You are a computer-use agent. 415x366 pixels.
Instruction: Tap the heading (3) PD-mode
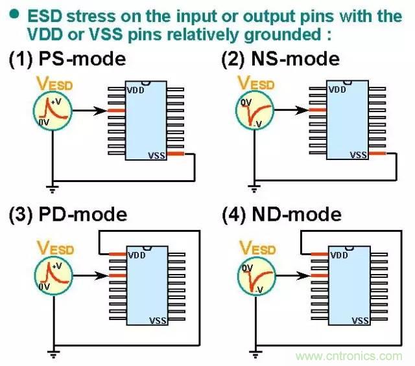[x=67, y=214]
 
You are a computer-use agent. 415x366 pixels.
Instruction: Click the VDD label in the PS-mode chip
[x=136, y=89]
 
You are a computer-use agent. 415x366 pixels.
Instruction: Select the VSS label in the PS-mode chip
[x=158, y=154]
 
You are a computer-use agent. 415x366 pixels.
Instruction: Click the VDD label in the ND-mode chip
[x=338, y=256]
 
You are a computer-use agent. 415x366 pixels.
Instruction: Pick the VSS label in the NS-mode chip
[x=358, y=155]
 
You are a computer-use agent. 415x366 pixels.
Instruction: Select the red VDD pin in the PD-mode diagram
[x=117, y=253]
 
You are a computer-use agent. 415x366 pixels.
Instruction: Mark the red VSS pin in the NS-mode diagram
[x=377, y=155]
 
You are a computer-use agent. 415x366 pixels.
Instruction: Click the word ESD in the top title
[x=50, y=14]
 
